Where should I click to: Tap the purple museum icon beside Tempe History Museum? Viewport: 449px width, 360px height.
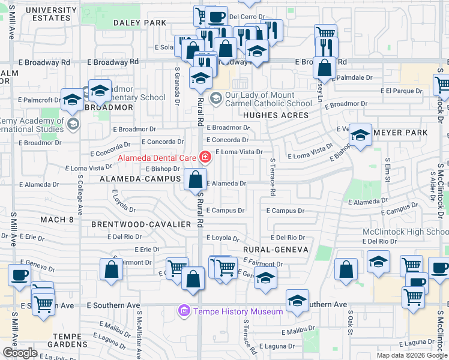tap(184, 311)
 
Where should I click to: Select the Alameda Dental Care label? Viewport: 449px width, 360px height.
tap(157, 158)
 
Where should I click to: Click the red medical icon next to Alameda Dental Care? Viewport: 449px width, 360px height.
tap(205, 157)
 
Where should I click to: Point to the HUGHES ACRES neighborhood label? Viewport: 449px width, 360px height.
tap(276, 115)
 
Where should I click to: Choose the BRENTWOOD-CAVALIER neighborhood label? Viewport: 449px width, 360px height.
tap(141, 224)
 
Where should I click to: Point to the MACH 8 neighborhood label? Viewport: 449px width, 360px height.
tap(57, 220)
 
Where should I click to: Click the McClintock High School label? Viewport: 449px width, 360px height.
tap(405, 232)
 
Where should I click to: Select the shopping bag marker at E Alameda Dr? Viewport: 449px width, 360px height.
tap(196, 179)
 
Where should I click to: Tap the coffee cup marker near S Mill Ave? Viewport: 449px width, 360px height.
tap(19, 275)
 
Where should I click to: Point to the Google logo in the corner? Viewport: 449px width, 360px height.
tap(20, 353)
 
